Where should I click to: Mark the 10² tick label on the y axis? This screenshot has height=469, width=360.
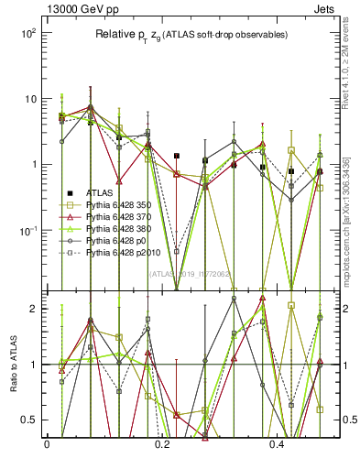click(x=27, y=33)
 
